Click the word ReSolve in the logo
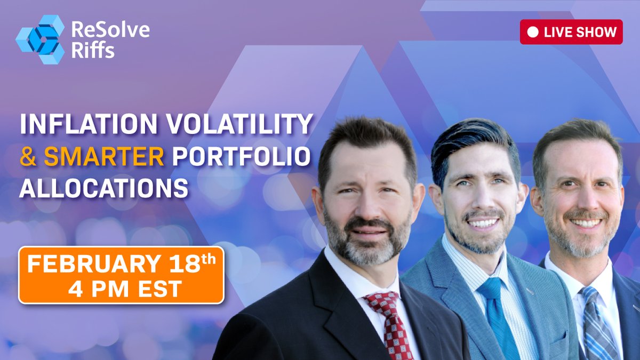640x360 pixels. (x=110, y=28)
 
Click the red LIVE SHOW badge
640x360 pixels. (x=571, y=32)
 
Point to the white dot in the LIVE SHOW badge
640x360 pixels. (x=532, y=32)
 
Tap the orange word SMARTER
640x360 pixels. (x=103, y=156)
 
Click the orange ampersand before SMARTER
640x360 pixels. (x=27, y=156)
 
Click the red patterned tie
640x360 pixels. (x=388, y=325)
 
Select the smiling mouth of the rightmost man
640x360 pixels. (x=585, y=222)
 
